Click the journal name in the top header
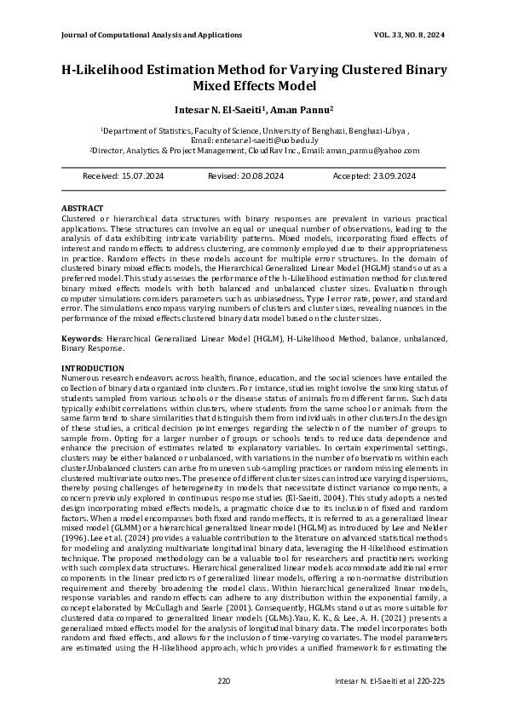coord(152,35)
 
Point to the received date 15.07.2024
coord(141,175)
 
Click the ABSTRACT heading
coord(83,209)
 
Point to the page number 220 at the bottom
coord(224,680)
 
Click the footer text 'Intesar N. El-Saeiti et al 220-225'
coord(390,680)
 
